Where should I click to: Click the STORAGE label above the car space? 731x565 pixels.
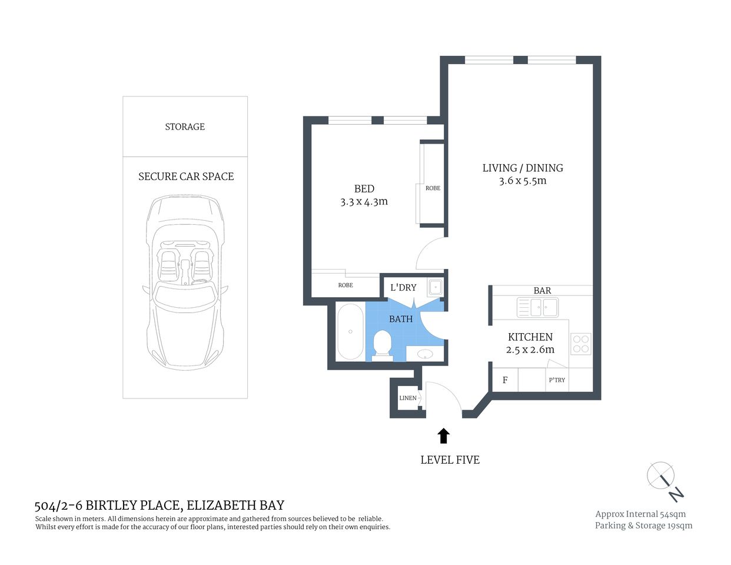(185, 127)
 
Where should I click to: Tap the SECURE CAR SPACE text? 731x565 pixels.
(185, 177)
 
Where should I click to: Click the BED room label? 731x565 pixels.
(364, 189)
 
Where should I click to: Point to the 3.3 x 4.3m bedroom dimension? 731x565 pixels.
(364, 202)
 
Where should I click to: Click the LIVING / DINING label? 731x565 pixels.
(523, 168)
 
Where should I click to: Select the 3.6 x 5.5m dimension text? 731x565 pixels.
(523, 181)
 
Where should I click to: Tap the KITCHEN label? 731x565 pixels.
(530, 337)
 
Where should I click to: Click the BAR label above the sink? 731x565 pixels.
(542, 291)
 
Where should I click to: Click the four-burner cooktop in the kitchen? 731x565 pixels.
(580, 344)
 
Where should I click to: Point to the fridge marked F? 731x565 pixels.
(505, 380)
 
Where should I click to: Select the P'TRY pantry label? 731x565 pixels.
(557, 380)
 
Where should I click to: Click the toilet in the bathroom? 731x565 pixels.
(383, 344)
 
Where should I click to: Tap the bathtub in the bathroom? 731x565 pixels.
(350, 331)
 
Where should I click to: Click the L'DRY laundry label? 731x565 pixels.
(403, 288)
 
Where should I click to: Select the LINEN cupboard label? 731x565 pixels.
(407, 398)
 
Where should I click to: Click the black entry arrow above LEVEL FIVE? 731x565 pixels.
(444, 436)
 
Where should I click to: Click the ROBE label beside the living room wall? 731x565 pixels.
(433, 188)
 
